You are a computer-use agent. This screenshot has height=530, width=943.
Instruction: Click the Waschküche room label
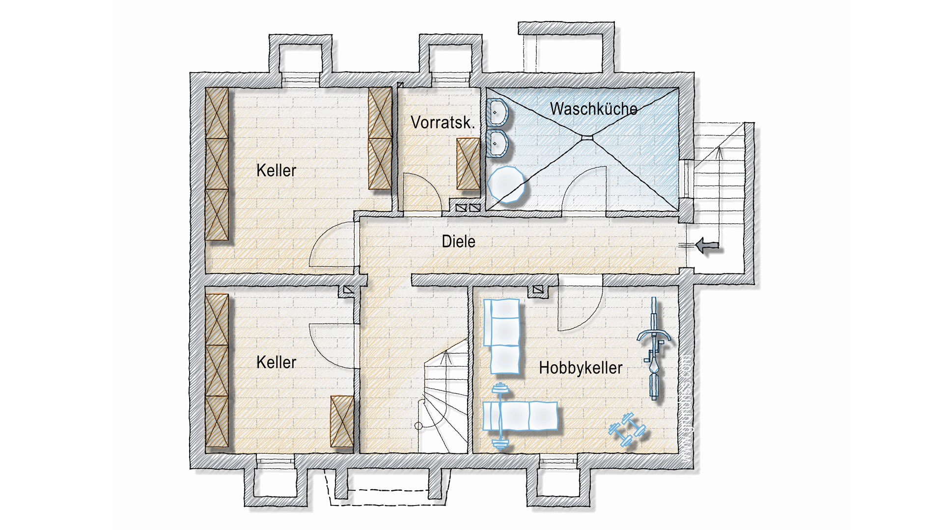pos(593,109)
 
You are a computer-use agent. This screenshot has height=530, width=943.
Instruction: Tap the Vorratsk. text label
pos(443,123)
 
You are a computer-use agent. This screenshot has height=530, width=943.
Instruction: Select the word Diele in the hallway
pos(458,241)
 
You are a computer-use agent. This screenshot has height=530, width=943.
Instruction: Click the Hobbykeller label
pos(581,368)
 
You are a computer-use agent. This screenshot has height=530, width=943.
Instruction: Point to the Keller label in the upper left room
pos(276,171)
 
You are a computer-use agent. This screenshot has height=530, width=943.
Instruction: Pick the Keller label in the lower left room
pos(276,363)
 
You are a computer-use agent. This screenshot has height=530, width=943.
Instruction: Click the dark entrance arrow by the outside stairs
pos(707,245)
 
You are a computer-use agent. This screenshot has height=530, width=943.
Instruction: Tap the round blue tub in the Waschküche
pos(506,185)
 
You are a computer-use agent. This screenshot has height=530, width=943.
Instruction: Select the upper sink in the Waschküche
pos(497,112)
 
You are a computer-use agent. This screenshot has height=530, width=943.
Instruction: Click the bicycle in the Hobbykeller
pos(654,348)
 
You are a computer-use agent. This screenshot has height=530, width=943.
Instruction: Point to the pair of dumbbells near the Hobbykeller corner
pos(627,430)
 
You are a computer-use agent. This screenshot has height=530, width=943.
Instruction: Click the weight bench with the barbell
pos(520,416)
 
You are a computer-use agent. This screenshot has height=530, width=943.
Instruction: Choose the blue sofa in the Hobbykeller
pos(502,336)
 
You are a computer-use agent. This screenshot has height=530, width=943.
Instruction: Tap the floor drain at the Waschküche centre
pos(587,138)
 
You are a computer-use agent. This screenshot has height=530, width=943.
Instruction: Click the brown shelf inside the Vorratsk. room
pos(468,164)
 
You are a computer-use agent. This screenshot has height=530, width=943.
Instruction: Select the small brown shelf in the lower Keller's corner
pos(342,422)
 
